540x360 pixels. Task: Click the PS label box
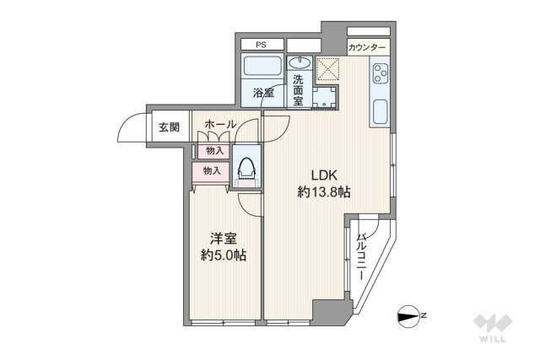pyautogui.click(x=262, y=44)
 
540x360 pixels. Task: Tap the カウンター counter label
pyautogui.click(x=368, y=48)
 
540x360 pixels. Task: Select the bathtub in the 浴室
pyautogui.click(x=262, y=68)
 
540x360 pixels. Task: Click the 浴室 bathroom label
pyautogui.click(x=262, y=93)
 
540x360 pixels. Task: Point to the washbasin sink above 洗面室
pyautogui.click(x=299, y=63)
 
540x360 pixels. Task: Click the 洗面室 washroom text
pyautogui.click(x=299, y=89)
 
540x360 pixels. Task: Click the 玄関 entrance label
pyautogui.click(x=168, y=127)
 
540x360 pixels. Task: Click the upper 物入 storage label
pyautogui.click(x=213, y=151)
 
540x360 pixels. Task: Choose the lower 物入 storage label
pyautogui.click(x=211, y=170)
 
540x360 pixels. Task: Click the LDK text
pyautogui.click(x=324, y=175)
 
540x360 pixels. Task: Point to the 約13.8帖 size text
pyautogui.click(x=324, y=192)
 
